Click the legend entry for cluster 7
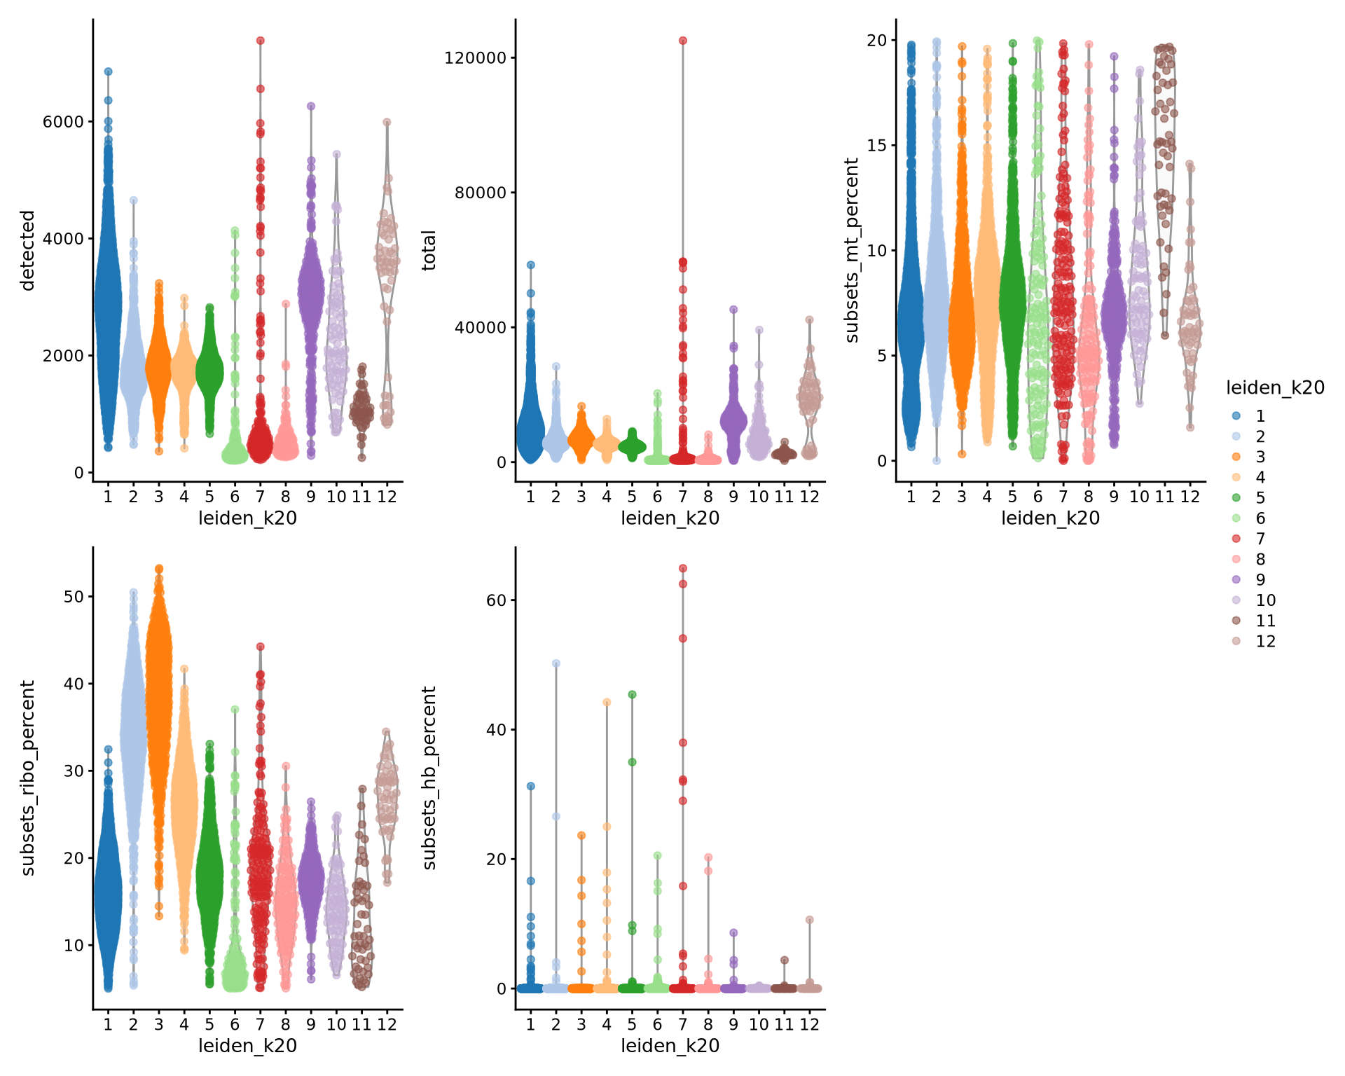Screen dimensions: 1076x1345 click(x=1260, y=539)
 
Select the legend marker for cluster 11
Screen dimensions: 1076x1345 click(x=1236, y=621)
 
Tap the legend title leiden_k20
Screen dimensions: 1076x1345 click(x=1275, y=387)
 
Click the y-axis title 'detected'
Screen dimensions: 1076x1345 click(x=27, y=250)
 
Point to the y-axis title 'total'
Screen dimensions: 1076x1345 click(x=429, y=250)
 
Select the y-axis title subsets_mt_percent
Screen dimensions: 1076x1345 click(x=852, y=250)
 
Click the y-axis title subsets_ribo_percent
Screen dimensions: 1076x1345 click(x=27, y=778)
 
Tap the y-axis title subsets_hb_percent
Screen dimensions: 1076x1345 click(x=429, y=778)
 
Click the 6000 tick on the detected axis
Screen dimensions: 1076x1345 click(x=63, y=122)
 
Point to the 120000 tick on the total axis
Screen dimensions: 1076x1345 click(x=475, y=57)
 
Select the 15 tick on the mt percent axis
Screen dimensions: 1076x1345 click(x=876, y=145)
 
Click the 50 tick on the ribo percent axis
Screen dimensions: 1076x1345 click(x=74, y=597)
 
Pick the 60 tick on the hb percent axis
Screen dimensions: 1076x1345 click(x=496, y=600)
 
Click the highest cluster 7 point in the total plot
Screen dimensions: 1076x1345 click(x=683, y=41)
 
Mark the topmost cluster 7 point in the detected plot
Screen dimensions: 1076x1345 click(x=260, y=41)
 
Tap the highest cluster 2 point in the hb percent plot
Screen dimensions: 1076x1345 click(x=556, y=663)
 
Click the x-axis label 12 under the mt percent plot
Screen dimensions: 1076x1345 click(x=1189, y=497)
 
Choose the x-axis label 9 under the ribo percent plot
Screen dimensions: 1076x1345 click(x=310, y=1024)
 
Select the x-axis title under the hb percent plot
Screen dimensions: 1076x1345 click(x=670, y=1046)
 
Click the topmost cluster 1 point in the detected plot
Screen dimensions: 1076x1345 click(x=108, y=71)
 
